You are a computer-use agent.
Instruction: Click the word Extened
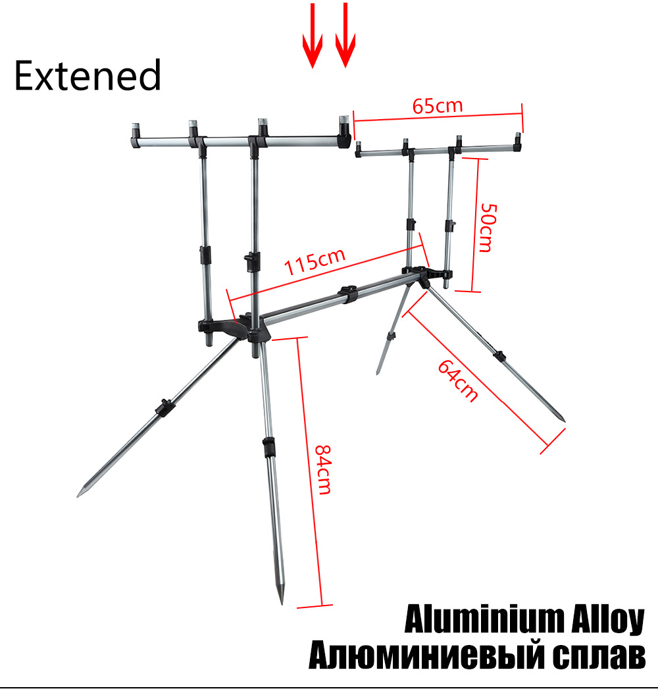coord(88,75)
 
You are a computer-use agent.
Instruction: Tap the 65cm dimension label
coord(438,106)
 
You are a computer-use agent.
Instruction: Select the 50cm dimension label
coord(489,228)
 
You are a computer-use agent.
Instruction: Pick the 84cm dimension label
coord(324,470)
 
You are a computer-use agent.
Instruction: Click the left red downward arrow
coord(313,36)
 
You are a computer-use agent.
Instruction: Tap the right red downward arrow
coord(345,35)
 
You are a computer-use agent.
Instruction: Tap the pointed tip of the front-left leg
coord(78,496)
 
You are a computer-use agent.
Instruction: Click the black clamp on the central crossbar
coord(347,295)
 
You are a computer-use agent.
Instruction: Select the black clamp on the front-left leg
coord(164,407)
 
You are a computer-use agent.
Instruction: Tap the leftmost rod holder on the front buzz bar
coord(136,136)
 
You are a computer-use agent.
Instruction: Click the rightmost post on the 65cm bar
coord(518,142)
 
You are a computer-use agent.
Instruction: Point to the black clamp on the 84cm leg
coord(268,448)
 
